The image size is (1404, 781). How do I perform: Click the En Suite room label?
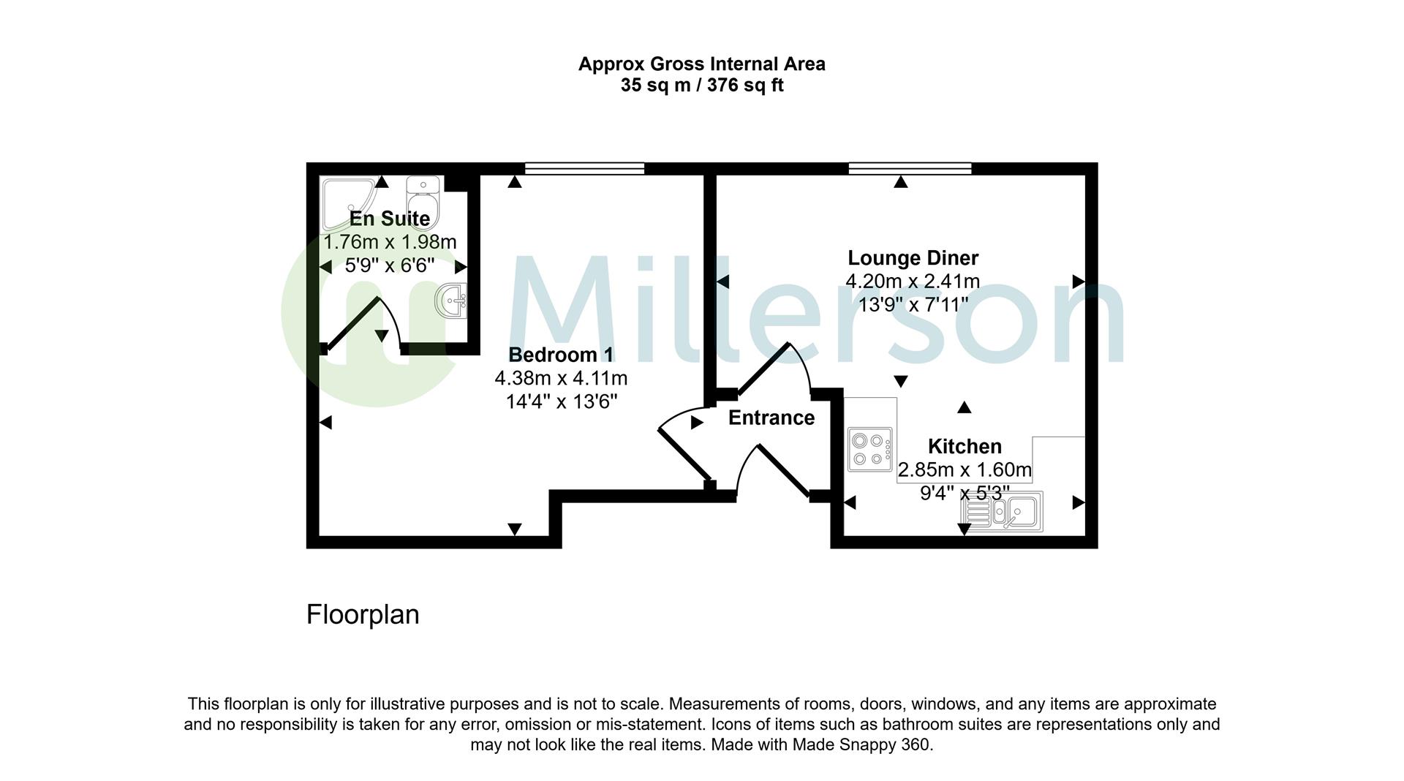(389, 218)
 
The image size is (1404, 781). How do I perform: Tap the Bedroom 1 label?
(561, 355)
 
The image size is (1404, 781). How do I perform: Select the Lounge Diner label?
(913, 257)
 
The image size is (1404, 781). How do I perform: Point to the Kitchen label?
(965, 446)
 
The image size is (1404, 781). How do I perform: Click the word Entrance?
(771, 418)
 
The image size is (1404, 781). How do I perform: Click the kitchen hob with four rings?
(870, 449)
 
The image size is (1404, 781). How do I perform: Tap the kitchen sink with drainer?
(1003, 511)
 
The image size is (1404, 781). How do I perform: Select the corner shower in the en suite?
(351, 203)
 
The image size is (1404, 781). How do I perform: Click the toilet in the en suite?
(423, 202)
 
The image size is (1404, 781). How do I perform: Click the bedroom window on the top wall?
(584, 168)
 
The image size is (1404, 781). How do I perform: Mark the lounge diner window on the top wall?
(910, 168)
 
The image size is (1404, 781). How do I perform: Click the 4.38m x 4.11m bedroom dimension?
(561, 378)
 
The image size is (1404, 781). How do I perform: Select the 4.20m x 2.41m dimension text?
(913, 281)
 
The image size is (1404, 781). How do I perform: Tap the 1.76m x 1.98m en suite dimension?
(390, 241)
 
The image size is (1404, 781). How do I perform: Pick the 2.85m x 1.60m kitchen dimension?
(965, 469)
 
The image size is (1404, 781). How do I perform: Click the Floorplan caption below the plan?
(363, 614)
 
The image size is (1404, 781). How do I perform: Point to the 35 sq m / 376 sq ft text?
(702, 86)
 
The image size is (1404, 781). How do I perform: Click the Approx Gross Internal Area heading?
(702, 64)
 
